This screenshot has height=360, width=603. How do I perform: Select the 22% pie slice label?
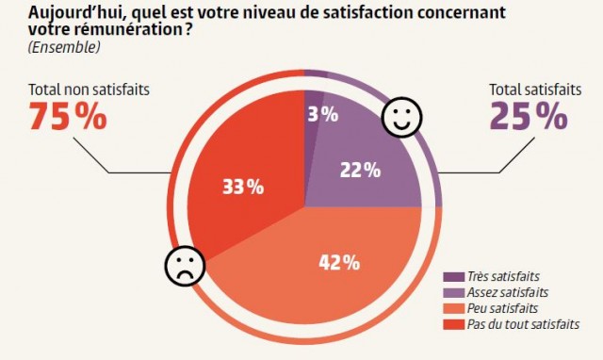[359, 171]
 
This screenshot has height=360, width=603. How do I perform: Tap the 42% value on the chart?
[339, 263]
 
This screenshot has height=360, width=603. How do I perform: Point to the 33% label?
[242, 186]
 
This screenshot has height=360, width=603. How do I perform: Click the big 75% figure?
[69, 118]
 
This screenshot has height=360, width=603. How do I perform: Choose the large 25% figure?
[528, 118]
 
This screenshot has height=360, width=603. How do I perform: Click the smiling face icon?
[401, 120]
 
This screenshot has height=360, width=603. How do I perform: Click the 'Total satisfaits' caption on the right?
[535, 90]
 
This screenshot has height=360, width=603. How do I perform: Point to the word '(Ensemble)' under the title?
[63, 46]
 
